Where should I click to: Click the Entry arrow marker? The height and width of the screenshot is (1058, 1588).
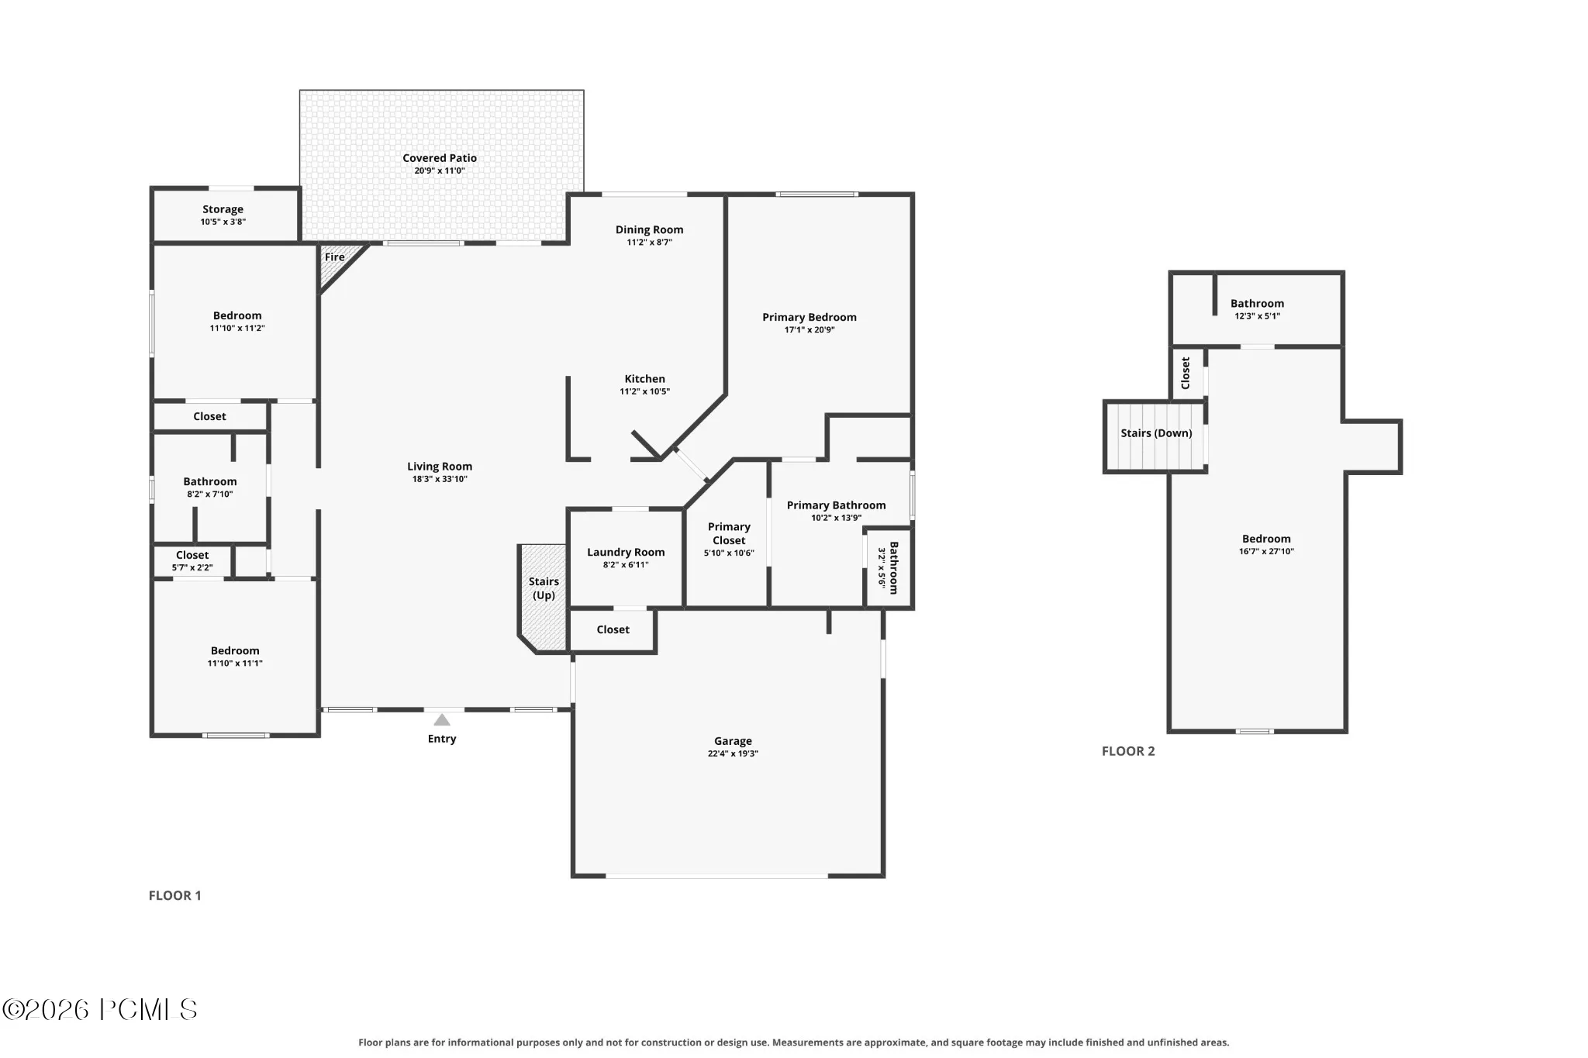pyautogui.click(x=442, y=720)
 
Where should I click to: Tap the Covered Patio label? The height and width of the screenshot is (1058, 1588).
pyautogui.click(x=440, y=158)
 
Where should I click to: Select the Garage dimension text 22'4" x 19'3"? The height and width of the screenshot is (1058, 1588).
pyautogui.click(x=733, y=753)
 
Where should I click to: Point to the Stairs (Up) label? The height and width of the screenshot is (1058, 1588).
pyautogui.click(x=544, y=588)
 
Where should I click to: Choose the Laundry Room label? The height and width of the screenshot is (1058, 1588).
pyautogui.click(x=626, y=553)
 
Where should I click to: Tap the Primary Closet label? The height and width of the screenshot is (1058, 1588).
pyautogui.click(x=729, y=533)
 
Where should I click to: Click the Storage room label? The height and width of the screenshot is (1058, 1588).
pyautogui.click(x=223, y=209)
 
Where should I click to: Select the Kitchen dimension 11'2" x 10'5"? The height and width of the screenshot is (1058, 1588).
pyautogui.click(x=644, y=391)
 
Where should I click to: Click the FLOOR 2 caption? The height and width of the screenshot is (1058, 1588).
pyautogui.click(x=1128, y=751)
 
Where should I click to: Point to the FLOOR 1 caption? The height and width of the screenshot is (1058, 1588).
pyautogui.click(x=174, y=895)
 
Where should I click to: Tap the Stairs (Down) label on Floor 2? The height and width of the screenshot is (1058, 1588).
pyautogui.click(x=1156, y=433)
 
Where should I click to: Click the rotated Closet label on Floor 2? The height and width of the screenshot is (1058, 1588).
pyautogui.click(x=1186, y=373)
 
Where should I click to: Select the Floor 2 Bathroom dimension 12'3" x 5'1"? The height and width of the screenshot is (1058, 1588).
pyautogui.click(x=1257, y=316)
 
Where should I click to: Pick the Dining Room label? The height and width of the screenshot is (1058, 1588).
pyautogui.click(x=649, y=229)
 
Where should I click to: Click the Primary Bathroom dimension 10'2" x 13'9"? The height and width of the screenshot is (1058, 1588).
pyautogui.click(x=836, y=518)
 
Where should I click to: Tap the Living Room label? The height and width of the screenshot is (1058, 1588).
pyautogui.click(x=440, y=467)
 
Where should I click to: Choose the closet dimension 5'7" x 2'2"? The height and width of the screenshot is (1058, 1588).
pyautogui.click(x=192, y=567)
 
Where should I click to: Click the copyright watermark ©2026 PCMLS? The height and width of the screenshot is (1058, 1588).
pyautogui.click(x=100, y=1009)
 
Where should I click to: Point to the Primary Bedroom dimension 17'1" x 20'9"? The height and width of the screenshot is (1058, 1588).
pyautogui.click(x=810, y=329)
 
